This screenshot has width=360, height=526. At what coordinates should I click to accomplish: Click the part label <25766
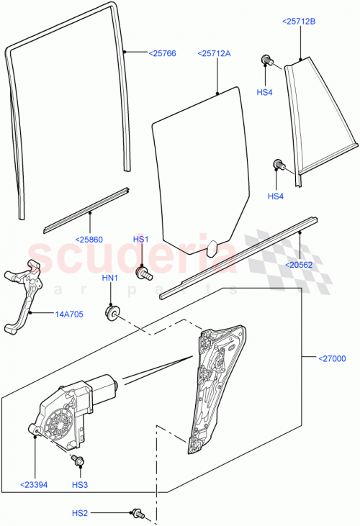point(163,53)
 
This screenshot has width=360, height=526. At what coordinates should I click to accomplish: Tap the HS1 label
point(140,240)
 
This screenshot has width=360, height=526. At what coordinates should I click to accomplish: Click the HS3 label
point(79,486)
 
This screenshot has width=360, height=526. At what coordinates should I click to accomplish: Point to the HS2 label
point(79,513)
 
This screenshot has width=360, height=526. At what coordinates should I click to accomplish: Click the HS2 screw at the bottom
point(136,513)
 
